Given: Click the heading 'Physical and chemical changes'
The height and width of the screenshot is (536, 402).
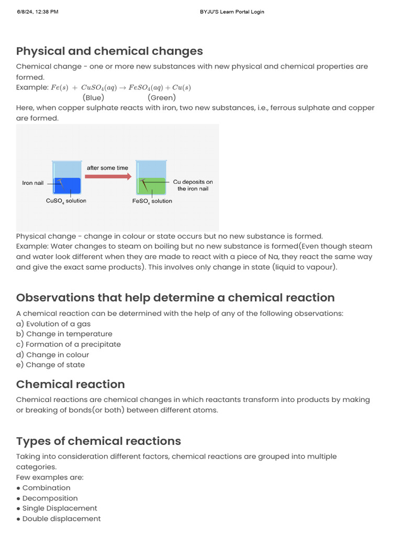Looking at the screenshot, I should pos(109,51).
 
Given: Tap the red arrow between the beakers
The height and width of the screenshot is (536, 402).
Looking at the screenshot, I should pos(108,177).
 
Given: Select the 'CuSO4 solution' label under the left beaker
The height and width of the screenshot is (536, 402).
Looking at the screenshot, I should pos(66,201).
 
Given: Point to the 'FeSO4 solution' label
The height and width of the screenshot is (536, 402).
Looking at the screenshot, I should pos(152,201).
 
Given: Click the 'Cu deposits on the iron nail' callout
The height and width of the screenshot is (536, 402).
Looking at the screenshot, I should pos(193,185).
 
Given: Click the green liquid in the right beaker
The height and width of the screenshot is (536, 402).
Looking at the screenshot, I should pos(151,187).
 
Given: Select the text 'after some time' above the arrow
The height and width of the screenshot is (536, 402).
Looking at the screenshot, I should pos(107,168).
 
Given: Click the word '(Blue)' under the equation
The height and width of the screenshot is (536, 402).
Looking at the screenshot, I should pos(93,97).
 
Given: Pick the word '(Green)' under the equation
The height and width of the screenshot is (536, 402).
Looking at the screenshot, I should pos(162,97).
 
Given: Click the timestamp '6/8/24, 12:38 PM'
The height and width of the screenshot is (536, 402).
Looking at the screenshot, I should pos(37,12).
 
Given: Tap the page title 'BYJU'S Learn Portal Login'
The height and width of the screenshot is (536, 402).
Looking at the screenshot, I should pos(232,12).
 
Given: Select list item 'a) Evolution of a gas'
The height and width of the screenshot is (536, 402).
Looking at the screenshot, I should pos(53,323).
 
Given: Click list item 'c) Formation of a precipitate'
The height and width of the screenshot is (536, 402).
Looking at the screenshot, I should pos(69,344).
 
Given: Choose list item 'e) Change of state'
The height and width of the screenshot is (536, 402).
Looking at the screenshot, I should pos(50,365).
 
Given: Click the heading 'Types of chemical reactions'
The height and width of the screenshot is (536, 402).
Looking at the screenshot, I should pos(98,441).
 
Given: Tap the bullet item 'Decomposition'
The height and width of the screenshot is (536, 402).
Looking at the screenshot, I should pos(50,498).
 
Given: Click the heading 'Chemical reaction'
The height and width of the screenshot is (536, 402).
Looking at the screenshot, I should pos(71,384).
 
